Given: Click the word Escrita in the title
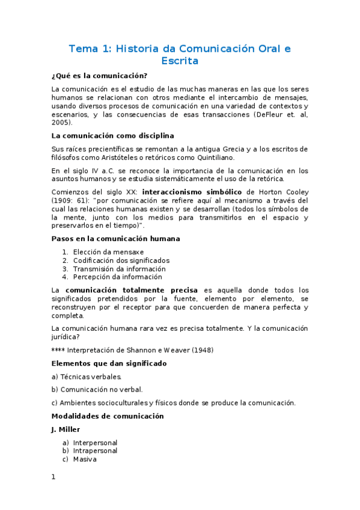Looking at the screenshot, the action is point(180,61).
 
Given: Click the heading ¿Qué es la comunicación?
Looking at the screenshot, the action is point(99,76).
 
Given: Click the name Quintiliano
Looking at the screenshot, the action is point(212,158).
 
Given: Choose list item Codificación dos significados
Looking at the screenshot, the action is point(121,260).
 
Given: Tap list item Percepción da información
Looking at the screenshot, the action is point(117,277).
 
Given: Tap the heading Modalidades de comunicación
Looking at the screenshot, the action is point(108,416).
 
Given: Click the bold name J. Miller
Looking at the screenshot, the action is point(66,429).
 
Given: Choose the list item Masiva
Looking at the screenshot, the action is point(85,459).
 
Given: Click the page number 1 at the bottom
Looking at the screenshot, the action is point(53,477).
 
